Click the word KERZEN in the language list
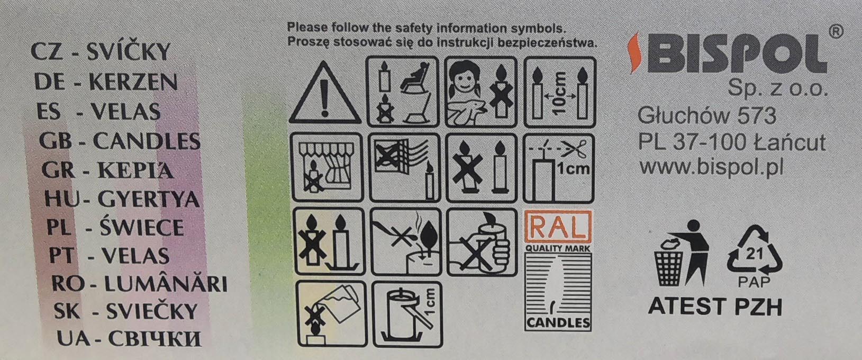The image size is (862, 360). pyautogui.click(x=133, y=82)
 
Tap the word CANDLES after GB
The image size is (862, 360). pyautogui.click(x=147, y=141)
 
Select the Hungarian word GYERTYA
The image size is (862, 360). pyautogui.click(x=149, y=200)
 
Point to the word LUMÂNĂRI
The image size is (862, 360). pyautogui.click(x=166, y=284)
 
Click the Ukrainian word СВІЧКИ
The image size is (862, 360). pyautogui.click(x=155, y=339)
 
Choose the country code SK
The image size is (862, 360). pyautogui.click(x=67, y=311)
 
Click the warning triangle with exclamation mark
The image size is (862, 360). pyautogui.click(x=324, y=93)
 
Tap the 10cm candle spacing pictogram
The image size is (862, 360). pyautogui.click(x=560, y=92)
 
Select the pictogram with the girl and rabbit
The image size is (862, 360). pyautogui.click(x=481, y=92)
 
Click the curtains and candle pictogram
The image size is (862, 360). pyautogui.click(x=327, y=167)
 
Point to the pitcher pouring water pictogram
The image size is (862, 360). pyautogui.click(x=331, y=314)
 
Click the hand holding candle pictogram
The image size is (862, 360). pyautogui.click(x=482, y=242)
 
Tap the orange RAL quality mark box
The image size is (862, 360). pyautogui.click(x=558, y=227)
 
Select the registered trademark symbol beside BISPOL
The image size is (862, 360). pyautogui.click(x=836, y=32)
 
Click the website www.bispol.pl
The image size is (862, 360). pyautogui.click(x=711, y=167)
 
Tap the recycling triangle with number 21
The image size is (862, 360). pyautogui.click(x=754, y=250)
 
